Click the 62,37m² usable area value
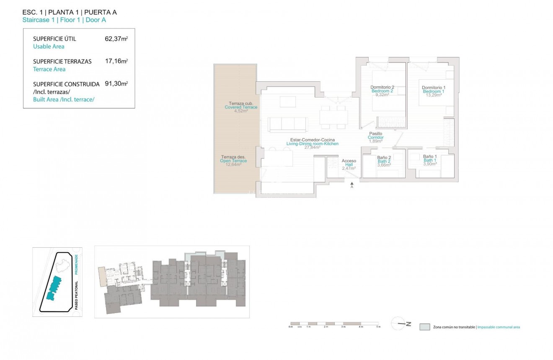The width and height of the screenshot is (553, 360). [116, 39]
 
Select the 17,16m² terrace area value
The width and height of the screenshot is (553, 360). [116, 61]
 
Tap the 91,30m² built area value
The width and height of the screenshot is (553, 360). [116, 83]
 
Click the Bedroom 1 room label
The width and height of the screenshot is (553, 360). [433, 91]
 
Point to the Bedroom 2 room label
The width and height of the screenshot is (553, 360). [382, 91]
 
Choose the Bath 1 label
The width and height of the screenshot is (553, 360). [430, 161]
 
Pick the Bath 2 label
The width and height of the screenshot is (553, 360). [384, 161]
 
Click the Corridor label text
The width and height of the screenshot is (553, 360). [376, 137]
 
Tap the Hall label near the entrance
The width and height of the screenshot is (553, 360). [349, 165]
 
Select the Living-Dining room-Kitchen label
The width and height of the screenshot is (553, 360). [312, 144]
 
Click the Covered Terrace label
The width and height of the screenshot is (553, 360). [241, 107]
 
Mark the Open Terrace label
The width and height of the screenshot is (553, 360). [234, 161]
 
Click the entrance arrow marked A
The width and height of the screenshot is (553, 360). [352, 184]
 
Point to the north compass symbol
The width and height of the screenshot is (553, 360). [401, 324]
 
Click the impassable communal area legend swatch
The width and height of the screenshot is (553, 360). [425, 327]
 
